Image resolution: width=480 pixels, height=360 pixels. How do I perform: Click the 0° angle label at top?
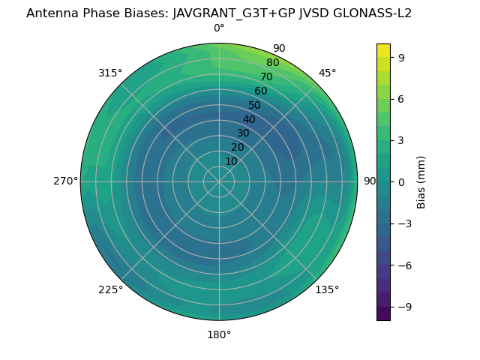(x=219, y=28)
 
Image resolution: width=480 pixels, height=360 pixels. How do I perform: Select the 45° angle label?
(x=327, y=73)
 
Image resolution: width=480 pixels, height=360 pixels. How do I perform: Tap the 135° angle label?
(x=327, y=289)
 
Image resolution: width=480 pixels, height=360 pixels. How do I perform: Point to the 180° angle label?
(x=219, y=334)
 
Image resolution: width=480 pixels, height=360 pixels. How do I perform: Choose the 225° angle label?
(x=110, y=289)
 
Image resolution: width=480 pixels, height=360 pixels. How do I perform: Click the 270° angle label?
(x=65, y=181)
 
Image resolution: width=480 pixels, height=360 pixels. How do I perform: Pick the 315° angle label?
(x=110, y=73)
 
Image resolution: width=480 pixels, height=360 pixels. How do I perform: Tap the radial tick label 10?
(x=231, y=161)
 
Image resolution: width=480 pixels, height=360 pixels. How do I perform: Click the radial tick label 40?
(x=249, y=119)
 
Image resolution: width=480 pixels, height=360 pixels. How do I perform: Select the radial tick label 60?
(x=261, y=91)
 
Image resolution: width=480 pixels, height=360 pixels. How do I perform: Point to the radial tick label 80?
(x=273, y=62)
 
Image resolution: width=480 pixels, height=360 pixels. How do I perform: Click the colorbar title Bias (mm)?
(x=421, y=181)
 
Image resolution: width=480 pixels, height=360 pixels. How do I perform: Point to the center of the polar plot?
(x=219, y=181)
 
